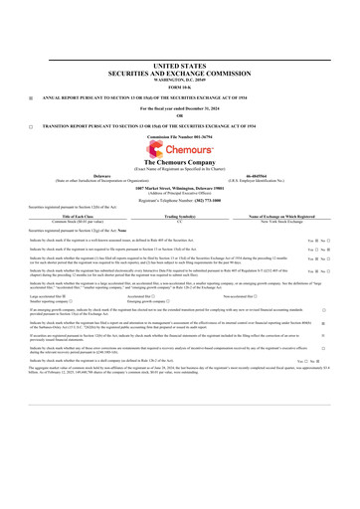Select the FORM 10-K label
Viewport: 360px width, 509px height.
pyautogui.click(x=179, y=86)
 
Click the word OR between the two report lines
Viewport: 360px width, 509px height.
pyautogui.click(x=179, y=117)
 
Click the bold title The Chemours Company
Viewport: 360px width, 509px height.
pyautogui.click(x=179, y=162)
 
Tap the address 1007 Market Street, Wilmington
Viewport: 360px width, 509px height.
pyautogui.click(x=179, y=187)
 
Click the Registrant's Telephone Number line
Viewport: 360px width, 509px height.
pyautogui.click(x=179, y=202)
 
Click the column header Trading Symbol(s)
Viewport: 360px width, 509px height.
pyautogui.click(x=179, y=217)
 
